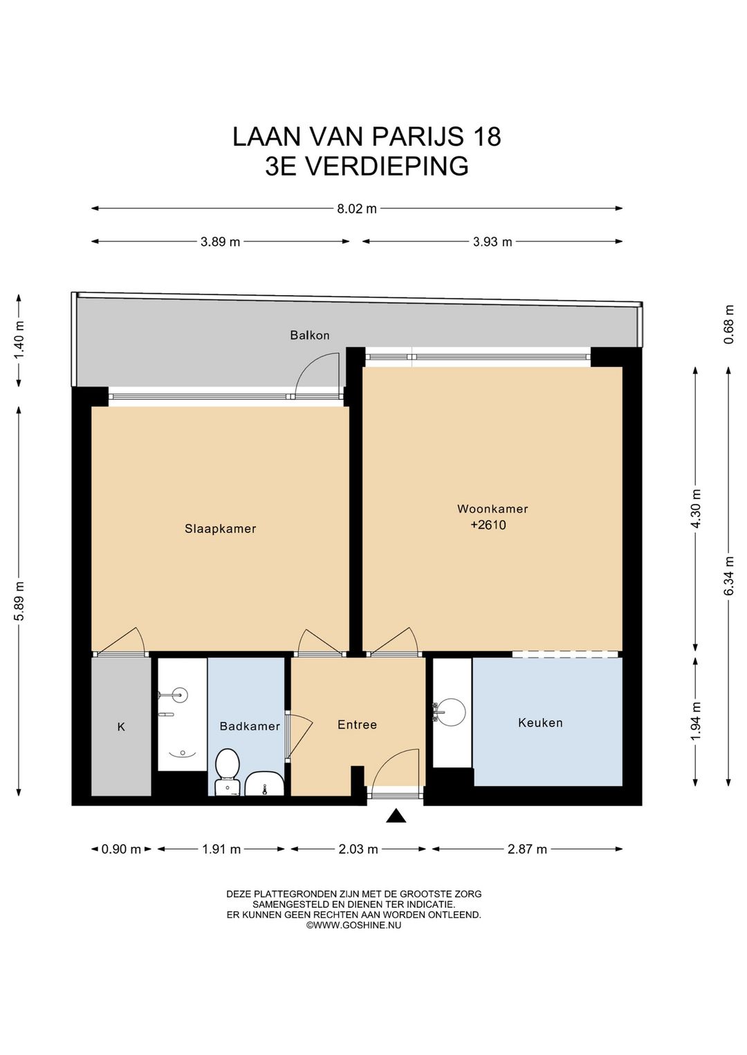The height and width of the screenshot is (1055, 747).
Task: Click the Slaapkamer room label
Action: (x=220, y=529)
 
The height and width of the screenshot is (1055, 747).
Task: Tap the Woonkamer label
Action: (x=492, y=509)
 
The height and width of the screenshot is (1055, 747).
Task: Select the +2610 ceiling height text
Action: (x=488, y=525)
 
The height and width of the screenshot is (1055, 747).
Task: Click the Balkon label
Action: (x=310, y=335)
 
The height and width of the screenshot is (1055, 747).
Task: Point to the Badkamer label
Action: (x=250, y=726)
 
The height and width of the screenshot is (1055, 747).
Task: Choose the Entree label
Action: (x=357, y=725)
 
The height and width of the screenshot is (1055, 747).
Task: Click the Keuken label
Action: (x=541, y=722)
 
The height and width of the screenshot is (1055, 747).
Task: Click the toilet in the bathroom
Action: (x=227, y=772)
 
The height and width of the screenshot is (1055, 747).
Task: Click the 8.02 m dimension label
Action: (x=357, y=209)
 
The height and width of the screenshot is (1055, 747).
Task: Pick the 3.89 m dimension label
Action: (x=220, y=242)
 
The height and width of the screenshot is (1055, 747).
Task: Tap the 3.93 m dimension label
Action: (x=492, y=242)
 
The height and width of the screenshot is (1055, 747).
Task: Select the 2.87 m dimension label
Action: (x=527, y=849)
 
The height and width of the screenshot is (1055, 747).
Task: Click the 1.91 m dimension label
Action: (x=221, y=849)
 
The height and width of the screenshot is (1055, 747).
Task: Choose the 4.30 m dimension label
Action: (x=696, y=509)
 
